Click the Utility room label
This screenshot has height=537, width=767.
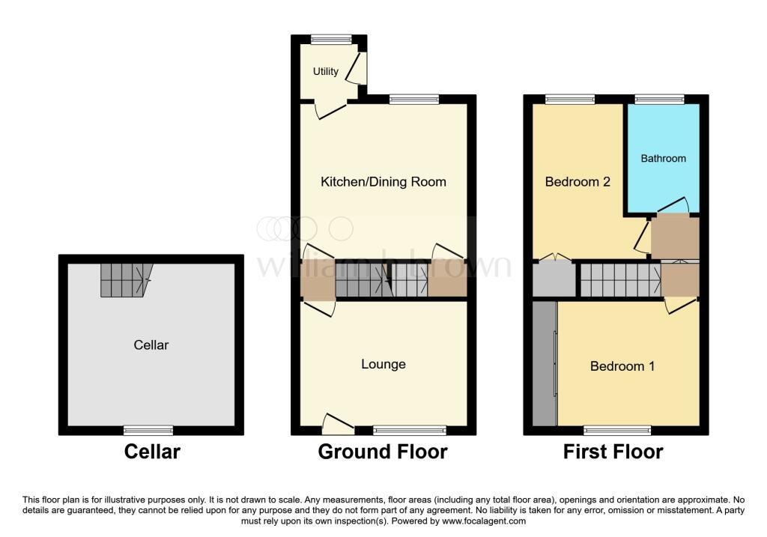(325, 71)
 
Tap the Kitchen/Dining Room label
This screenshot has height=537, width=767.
(383, 182)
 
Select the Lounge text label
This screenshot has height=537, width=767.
(383, 364)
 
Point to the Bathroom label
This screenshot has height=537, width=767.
(664, 159)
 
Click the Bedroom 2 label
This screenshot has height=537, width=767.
(577, 182)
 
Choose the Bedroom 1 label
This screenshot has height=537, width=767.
(622, 366)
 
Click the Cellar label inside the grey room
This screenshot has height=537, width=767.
(151, 345)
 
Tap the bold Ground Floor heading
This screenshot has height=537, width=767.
(383, 452)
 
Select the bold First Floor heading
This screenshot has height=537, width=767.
(613, 452)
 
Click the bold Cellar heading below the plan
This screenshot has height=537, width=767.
(152, 452)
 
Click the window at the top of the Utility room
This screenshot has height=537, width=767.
(332, 40)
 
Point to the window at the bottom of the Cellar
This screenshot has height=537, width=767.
(148, 431)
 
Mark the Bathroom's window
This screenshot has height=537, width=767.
(660, 100)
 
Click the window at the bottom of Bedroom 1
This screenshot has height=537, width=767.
(617, 431)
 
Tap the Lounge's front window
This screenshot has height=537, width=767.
(410, 431)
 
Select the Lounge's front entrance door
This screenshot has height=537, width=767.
(339, 425)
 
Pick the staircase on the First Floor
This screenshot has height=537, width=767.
(621, 280)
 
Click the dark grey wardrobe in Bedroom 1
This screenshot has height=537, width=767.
(545, 363)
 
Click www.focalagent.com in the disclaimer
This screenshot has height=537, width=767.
(484, 521)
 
